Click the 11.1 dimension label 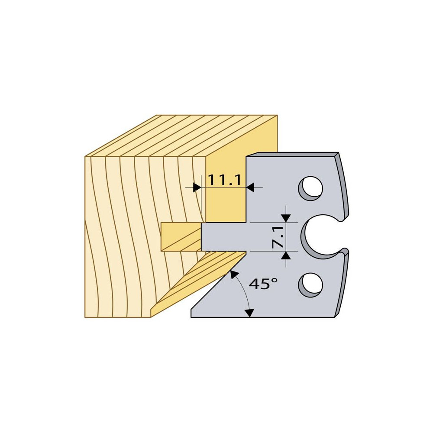tap(224, 180)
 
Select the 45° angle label tap(263, 284)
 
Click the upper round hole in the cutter tap(311, 189)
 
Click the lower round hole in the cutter tap(311, 285)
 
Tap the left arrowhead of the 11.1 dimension tap(197, 187)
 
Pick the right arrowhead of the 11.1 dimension tap(250, 187)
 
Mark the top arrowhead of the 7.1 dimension tap(286, 218)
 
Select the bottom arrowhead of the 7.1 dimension tap(286, 255)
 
